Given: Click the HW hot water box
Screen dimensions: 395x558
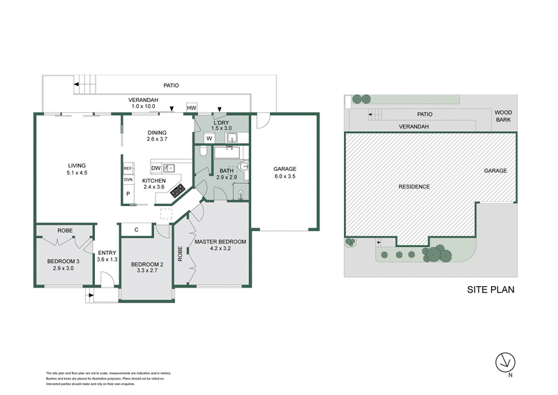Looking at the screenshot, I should (x=191, y=108).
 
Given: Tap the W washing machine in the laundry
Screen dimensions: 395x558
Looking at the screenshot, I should (x=209, y=138).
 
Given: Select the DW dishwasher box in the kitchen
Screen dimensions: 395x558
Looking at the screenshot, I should (x=156, y=167).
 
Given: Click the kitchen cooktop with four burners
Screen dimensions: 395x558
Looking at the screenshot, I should (x=178, y=188).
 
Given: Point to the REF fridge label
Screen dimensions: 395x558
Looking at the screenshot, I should (x=128, y=169).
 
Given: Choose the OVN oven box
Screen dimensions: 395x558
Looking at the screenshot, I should (x=128, y=180).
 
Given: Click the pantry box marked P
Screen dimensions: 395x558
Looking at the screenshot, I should (x=128, y=194).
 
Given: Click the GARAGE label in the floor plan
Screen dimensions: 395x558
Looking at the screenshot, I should (x=285, y=169).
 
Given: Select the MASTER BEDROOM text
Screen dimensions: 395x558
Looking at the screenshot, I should (x=220, y=241).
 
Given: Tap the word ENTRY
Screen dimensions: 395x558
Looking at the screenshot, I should (x=107, y=253).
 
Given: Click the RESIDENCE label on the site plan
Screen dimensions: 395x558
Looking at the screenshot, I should (x=414, y=186).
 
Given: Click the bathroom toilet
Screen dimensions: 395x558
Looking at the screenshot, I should (x=241, y=168).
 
